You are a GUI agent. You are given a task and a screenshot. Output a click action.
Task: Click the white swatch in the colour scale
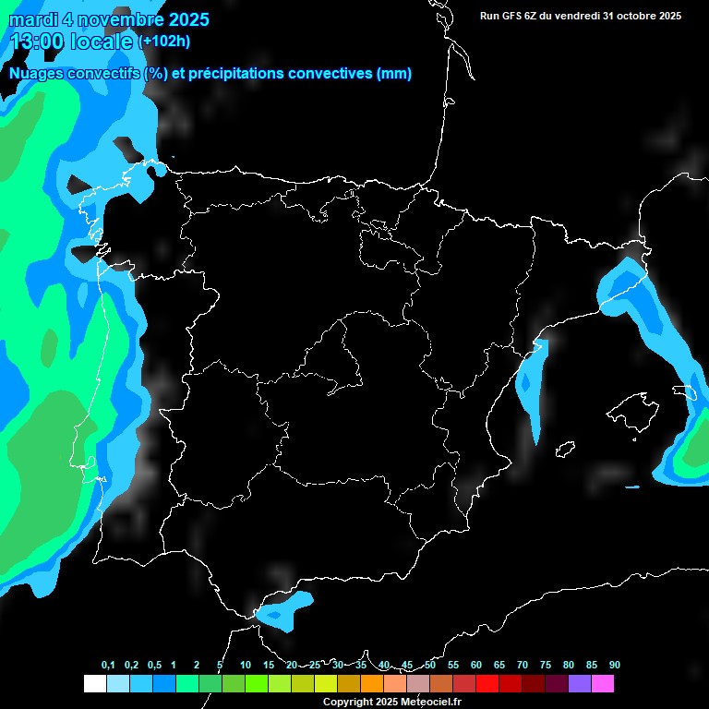click(94, 683)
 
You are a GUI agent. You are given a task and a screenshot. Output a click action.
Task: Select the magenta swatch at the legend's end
click(603, 683)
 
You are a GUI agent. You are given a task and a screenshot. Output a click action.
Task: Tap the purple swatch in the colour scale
click(580, 683)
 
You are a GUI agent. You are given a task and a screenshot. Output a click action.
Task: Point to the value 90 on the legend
click(615, 665)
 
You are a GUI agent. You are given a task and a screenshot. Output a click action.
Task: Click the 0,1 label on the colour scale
click(108, 665)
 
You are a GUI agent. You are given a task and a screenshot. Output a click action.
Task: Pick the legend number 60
click(476, 665)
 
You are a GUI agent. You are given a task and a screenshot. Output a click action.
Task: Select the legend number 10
click(246, 665)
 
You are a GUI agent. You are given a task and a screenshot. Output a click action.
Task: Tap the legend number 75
click(546, 665)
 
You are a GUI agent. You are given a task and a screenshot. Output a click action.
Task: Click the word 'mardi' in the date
click(32, 19)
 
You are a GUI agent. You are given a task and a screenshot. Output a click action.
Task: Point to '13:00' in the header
click(37, 41)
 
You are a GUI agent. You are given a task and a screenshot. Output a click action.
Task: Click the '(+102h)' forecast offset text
click(164, 42)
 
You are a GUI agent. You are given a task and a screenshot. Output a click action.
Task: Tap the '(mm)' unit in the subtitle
click(394, 74)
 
